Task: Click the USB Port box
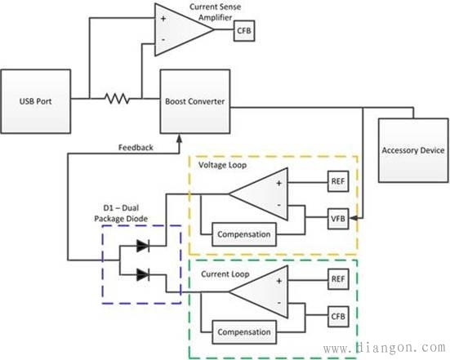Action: coord(36,101)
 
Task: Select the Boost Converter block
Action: coord(195,101)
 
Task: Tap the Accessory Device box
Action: coord(413,150)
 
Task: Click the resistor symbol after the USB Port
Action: coord(117,99)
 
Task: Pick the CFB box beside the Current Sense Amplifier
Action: coord(244,30)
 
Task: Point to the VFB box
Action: coord(338,219)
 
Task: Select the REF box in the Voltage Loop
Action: coord(338,181)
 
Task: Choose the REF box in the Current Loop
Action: coord(338,279)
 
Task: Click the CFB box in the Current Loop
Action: coord(338,317)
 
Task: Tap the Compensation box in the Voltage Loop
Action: coord(244,234)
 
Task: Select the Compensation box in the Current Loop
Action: coord(244,332)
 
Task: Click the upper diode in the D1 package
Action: coord(143,246)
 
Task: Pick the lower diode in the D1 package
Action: coord(143,275)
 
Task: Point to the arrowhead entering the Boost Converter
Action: coord(180,138)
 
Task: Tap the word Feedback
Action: coord(136,148)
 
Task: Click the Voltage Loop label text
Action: coord(222,165)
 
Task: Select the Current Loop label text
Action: coord(225,274)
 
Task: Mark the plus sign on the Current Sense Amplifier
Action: coord(163,19)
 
